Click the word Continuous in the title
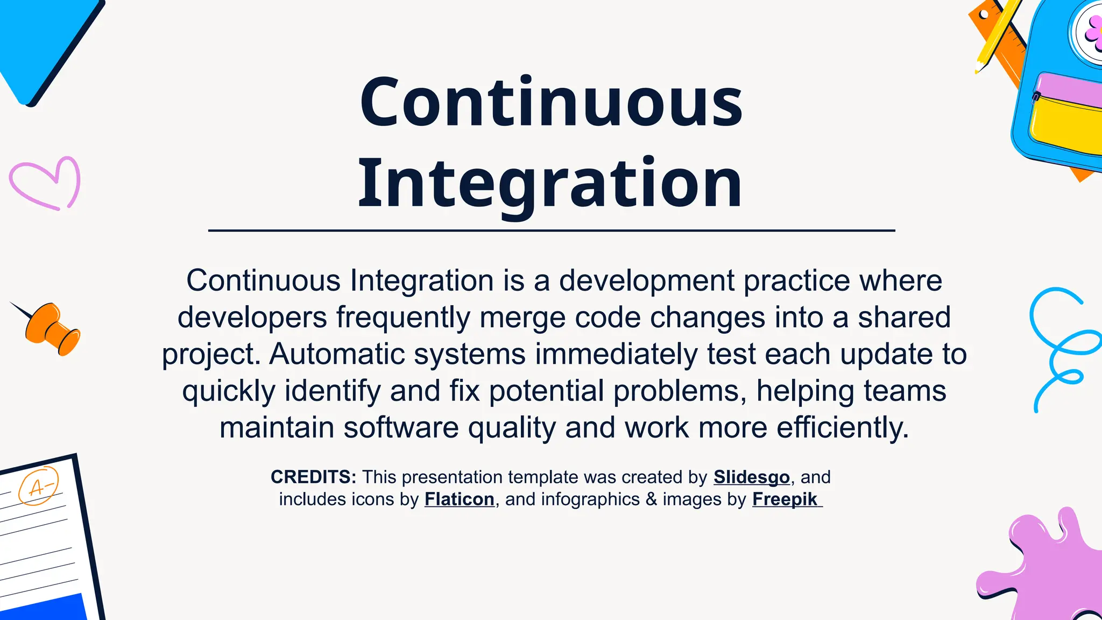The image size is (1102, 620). click(551, 102)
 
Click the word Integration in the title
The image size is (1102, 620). click(550, 183)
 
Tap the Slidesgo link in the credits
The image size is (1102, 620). click(751, 477)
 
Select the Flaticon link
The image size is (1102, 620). click(459, 499)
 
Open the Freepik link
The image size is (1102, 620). click(785, 499)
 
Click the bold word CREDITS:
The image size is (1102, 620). click(313, 477)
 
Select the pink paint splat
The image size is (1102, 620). click(1049, 570)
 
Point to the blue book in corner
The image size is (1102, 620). click(43, 43)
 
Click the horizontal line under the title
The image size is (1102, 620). click(551, 230)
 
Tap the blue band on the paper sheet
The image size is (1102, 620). click(43, 608)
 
